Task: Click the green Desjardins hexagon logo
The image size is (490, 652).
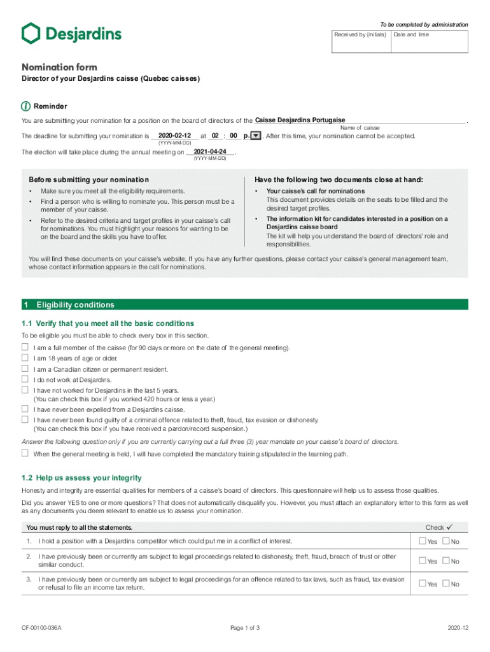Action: point(31,34)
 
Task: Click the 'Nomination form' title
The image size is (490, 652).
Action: point(59,67)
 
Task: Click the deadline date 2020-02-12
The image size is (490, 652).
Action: point(174,136)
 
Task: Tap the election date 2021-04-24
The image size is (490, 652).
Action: point(210,152)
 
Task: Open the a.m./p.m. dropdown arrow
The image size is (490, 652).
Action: point(256,136)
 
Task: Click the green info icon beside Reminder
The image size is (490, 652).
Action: point(25,106)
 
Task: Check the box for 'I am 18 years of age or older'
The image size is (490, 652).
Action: point(25,358)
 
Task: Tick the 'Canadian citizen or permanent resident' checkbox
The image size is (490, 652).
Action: point(25,369)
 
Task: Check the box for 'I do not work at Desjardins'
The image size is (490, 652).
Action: point(25,379)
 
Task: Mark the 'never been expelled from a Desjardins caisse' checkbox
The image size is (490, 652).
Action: point(25,409)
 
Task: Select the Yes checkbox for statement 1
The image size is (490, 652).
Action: point(423,541)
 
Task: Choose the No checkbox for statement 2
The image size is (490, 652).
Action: point(446,561)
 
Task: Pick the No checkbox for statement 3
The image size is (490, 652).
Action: point(446,584)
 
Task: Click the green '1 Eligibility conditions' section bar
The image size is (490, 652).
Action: point(245,305)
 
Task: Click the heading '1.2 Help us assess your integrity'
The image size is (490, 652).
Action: point(81,478)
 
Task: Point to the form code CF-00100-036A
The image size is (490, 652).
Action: point(41,628)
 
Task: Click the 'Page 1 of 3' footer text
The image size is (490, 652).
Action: point(245,628)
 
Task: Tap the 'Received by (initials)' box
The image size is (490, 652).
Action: point(360,41)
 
